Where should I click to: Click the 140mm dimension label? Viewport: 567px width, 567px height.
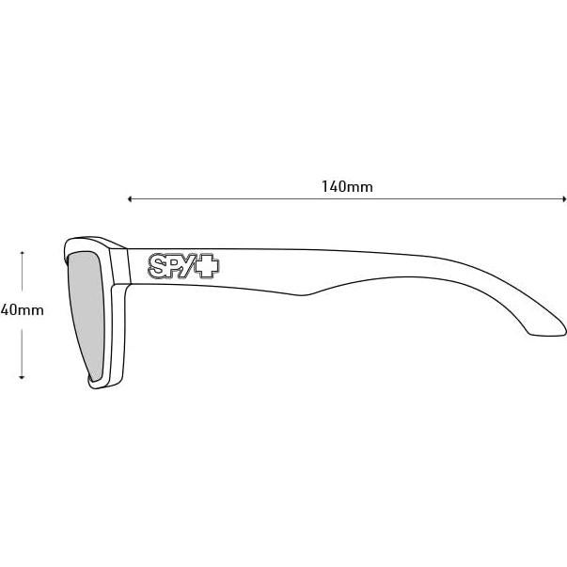tap(346, 186)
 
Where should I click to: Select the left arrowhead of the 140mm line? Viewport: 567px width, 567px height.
tap(130, 199)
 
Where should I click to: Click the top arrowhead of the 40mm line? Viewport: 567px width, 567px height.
tap(21, 253)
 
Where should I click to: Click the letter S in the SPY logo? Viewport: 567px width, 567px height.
tap(159, 267)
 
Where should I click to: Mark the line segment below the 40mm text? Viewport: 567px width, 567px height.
tap(21, 348)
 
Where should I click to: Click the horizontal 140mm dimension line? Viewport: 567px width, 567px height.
tap(423, 199)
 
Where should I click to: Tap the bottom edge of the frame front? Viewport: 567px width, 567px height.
tap(102, 386)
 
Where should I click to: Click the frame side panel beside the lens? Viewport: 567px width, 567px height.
tap(118, 329)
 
